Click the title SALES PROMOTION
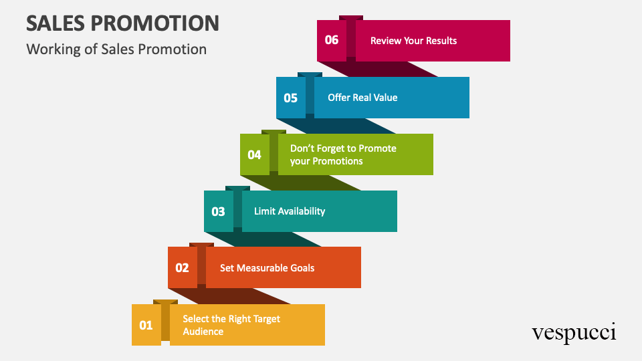click(123, 23)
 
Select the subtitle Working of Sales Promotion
click(116, 49)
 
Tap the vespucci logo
click(574, 332)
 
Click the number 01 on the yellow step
click(146, 326)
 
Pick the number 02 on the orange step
click(182, 268)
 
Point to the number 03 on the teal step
click(218, 212)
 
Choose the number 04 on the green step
click(254, 154)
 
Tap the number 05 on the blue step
click(291, 98)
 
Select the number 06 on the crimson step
click(332, 40)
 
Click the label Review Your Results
click(413, 41)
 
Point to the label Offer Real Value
click(362, 98)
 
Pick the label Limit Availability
click(290, 211)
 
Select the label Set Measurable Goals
click(267, 268)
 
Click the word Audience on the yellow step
click(203, 332)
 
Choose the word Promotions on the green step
click(338, 161)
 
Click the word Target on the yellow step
click(267, 320)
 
